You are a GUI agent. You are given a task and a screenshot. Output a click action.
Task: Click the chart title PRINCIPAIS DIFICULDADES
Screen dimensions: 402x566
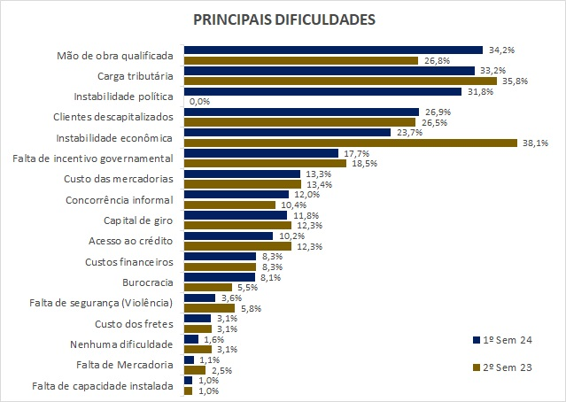[283, 19]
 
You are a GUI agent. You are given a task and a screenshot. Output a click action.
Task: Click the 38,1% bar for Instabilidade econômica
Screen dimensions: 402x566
[350, 142]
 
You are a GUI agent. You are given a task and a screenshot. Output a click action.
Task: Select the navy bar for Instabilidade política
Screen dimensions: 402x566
[322, 91]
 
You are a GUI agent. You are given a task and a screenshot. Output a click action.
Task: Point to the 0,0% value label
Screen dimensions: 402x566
[198, 102]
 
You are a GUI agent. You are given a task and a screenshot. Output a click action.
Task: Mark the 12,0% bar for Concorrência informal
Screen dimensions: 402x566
[236, 194]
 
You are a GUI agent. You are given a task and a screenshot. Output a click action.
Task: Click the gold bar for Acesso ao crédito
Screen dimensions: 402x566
[236, 244]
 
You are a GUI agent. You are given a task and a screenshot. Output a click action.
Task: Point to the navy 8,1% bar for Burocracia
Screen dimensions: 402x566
[219, 276]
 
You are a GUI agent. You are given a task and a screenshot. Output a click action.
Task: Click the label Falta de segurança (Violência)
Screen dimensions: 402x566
[105, 302]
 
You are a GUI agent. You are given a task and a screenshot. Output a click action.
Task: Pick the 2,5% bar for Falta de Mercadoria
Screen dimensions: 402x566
[188, 369]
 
